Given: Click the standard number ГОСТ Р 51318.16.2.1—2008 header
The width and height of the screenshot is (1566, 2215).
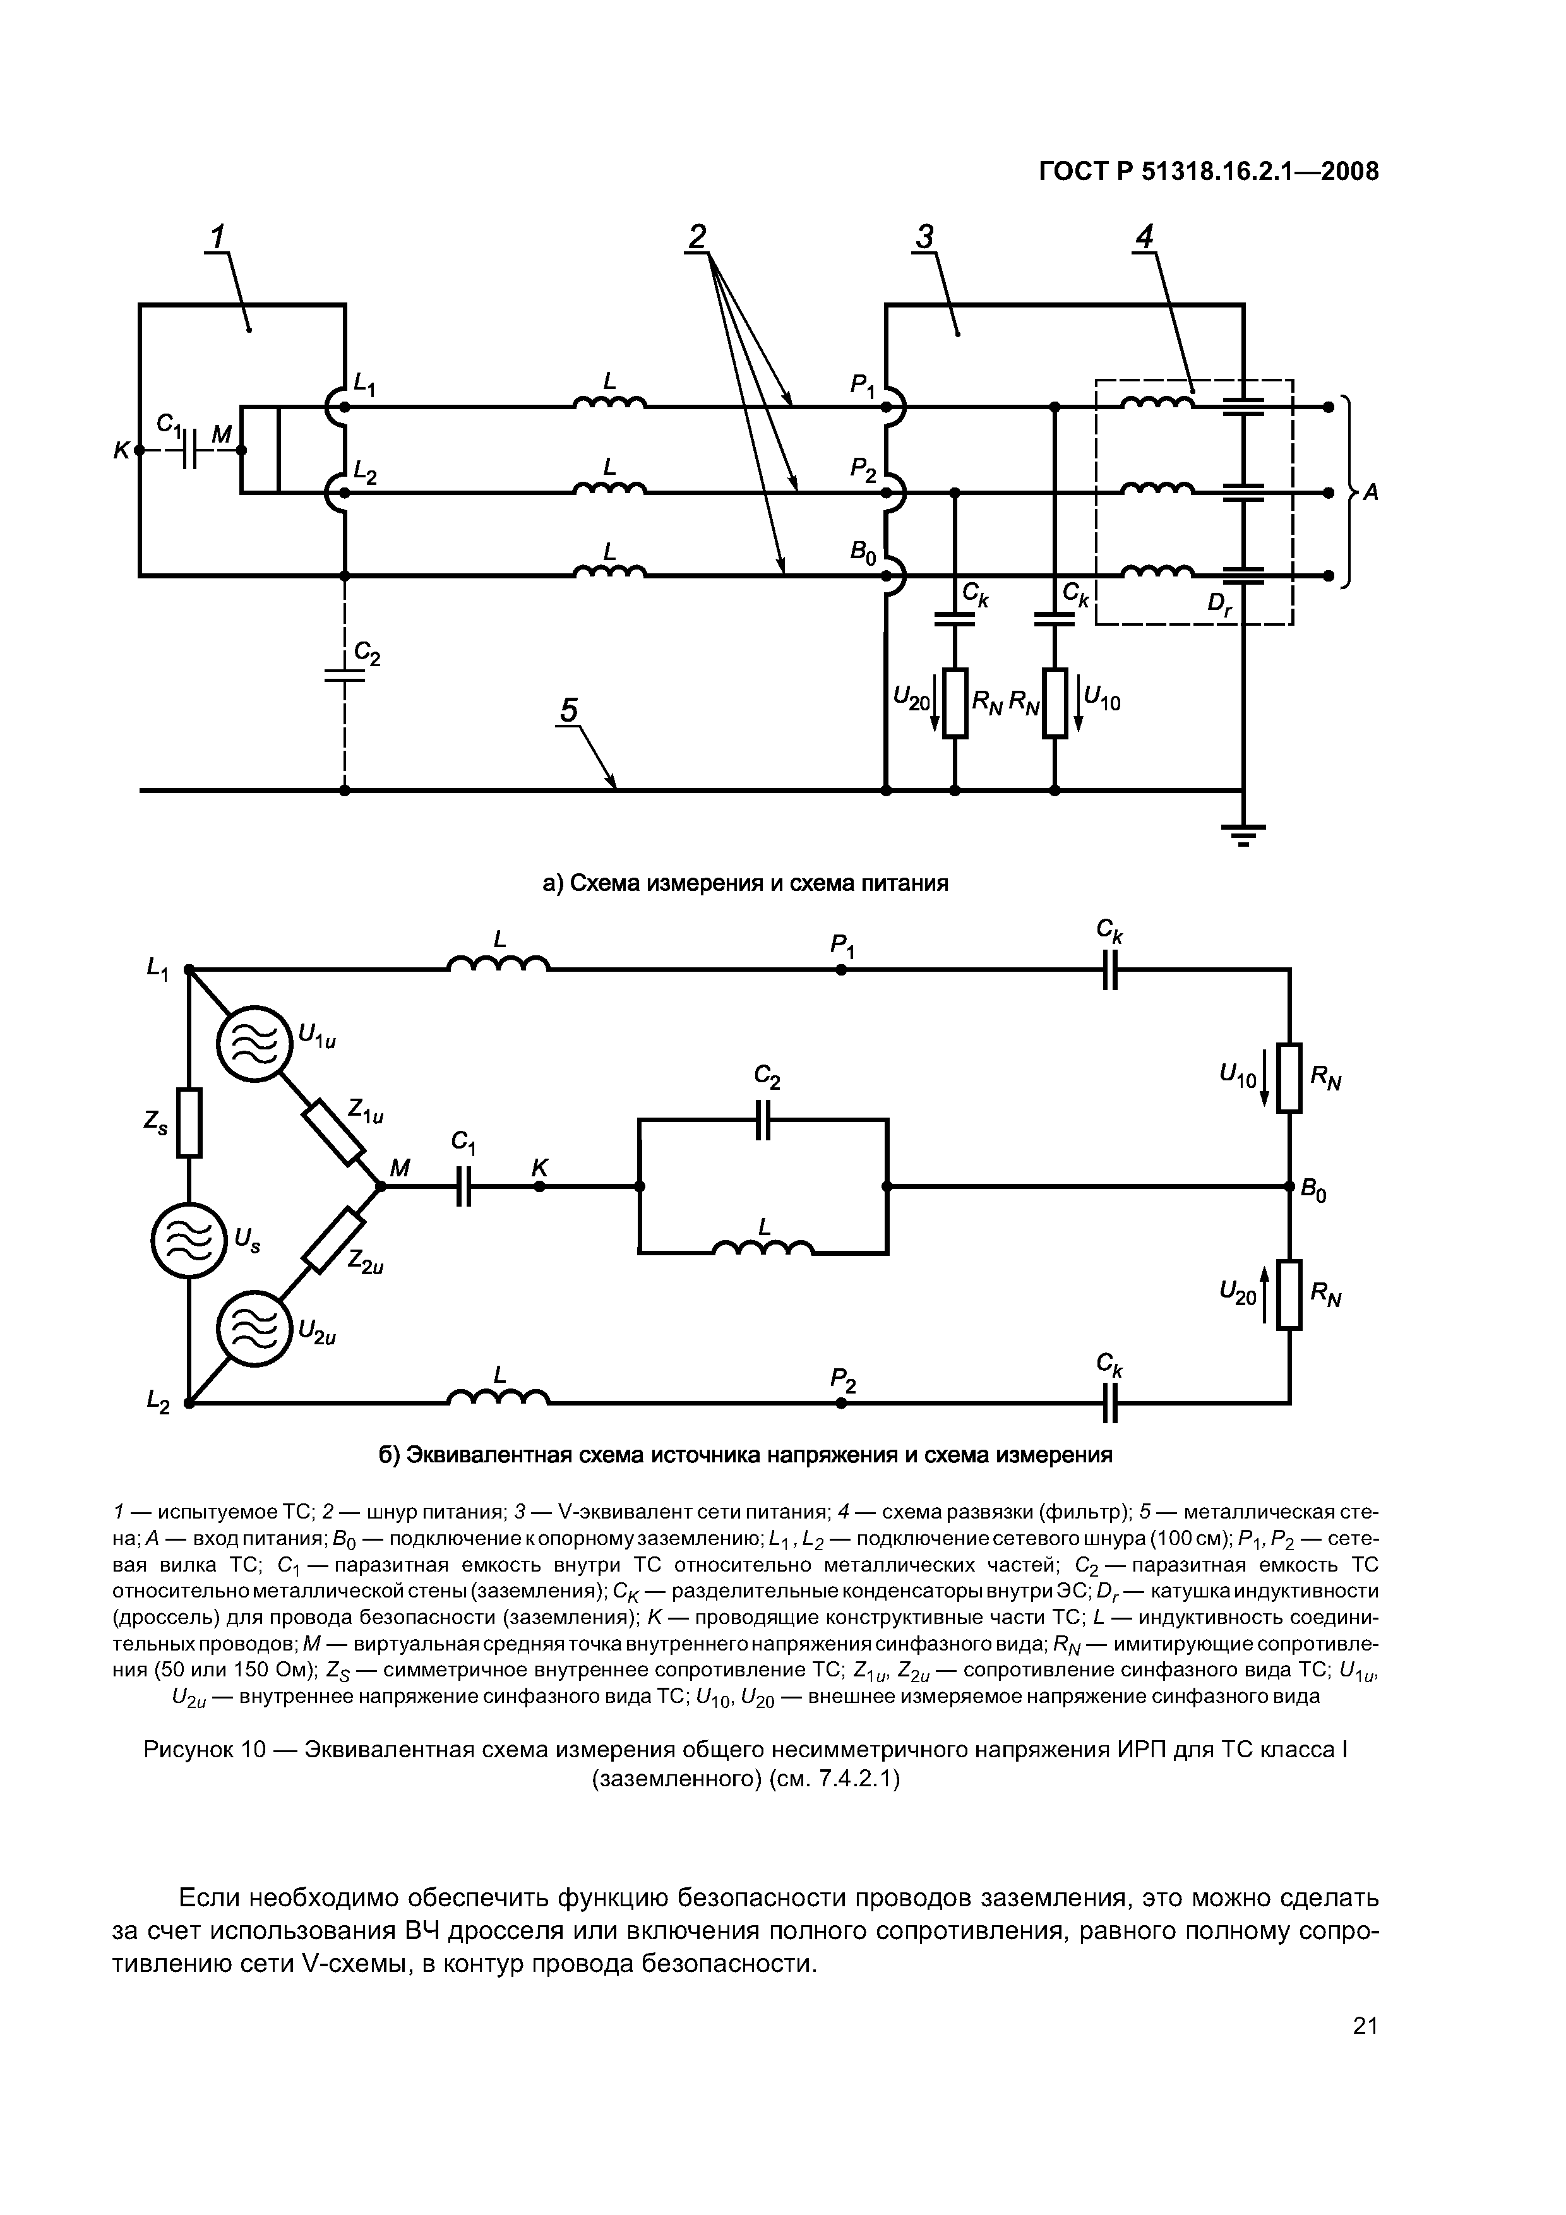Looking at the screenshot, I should (1208, 172).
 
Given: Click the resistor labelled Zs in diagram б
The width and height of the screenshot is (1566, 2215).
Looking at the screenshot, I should (189, 1122).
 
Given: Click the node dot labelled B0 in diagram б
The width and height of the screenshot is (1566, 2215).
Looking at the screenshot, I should (1290, 1186).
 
